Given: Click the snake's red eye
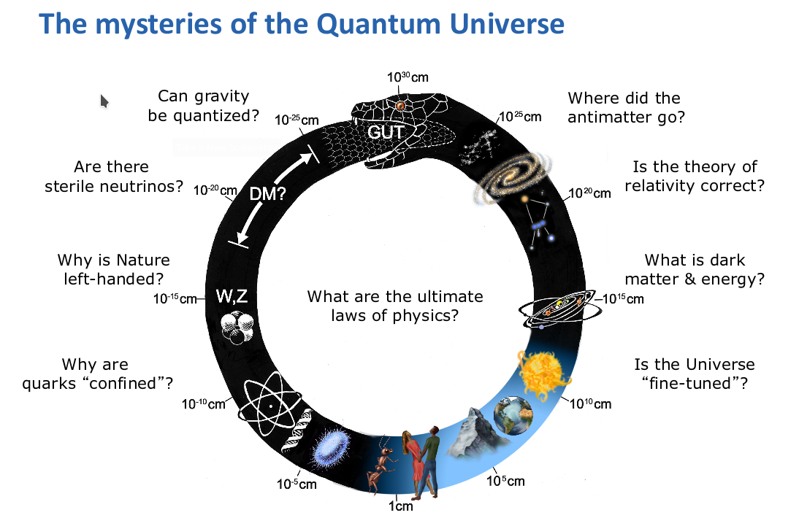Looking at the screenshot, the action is pos(400,106).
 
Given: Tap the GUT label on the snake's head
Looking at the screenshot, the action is pos(386,132).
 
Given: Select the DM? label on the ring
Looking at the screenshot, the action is pos(268,193).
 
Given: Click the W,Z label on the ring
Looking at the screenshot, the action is pos(232,296).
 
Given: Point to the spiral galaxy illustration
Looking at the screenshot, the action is pos(513,176).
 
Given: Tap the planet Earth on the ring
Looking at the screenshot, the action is pos(513,416).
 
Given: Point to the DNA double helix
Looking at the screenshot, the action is pos(298,430).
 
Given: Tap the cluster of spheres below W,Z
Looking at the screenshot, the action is pos(237,328).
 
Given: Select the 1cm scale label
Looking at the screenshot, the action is pos(400,506).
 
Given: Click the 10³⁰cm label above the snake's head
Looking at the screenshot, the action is pos(408,77).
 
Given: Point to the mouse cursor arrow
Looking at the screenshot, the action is pos(104,101).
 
